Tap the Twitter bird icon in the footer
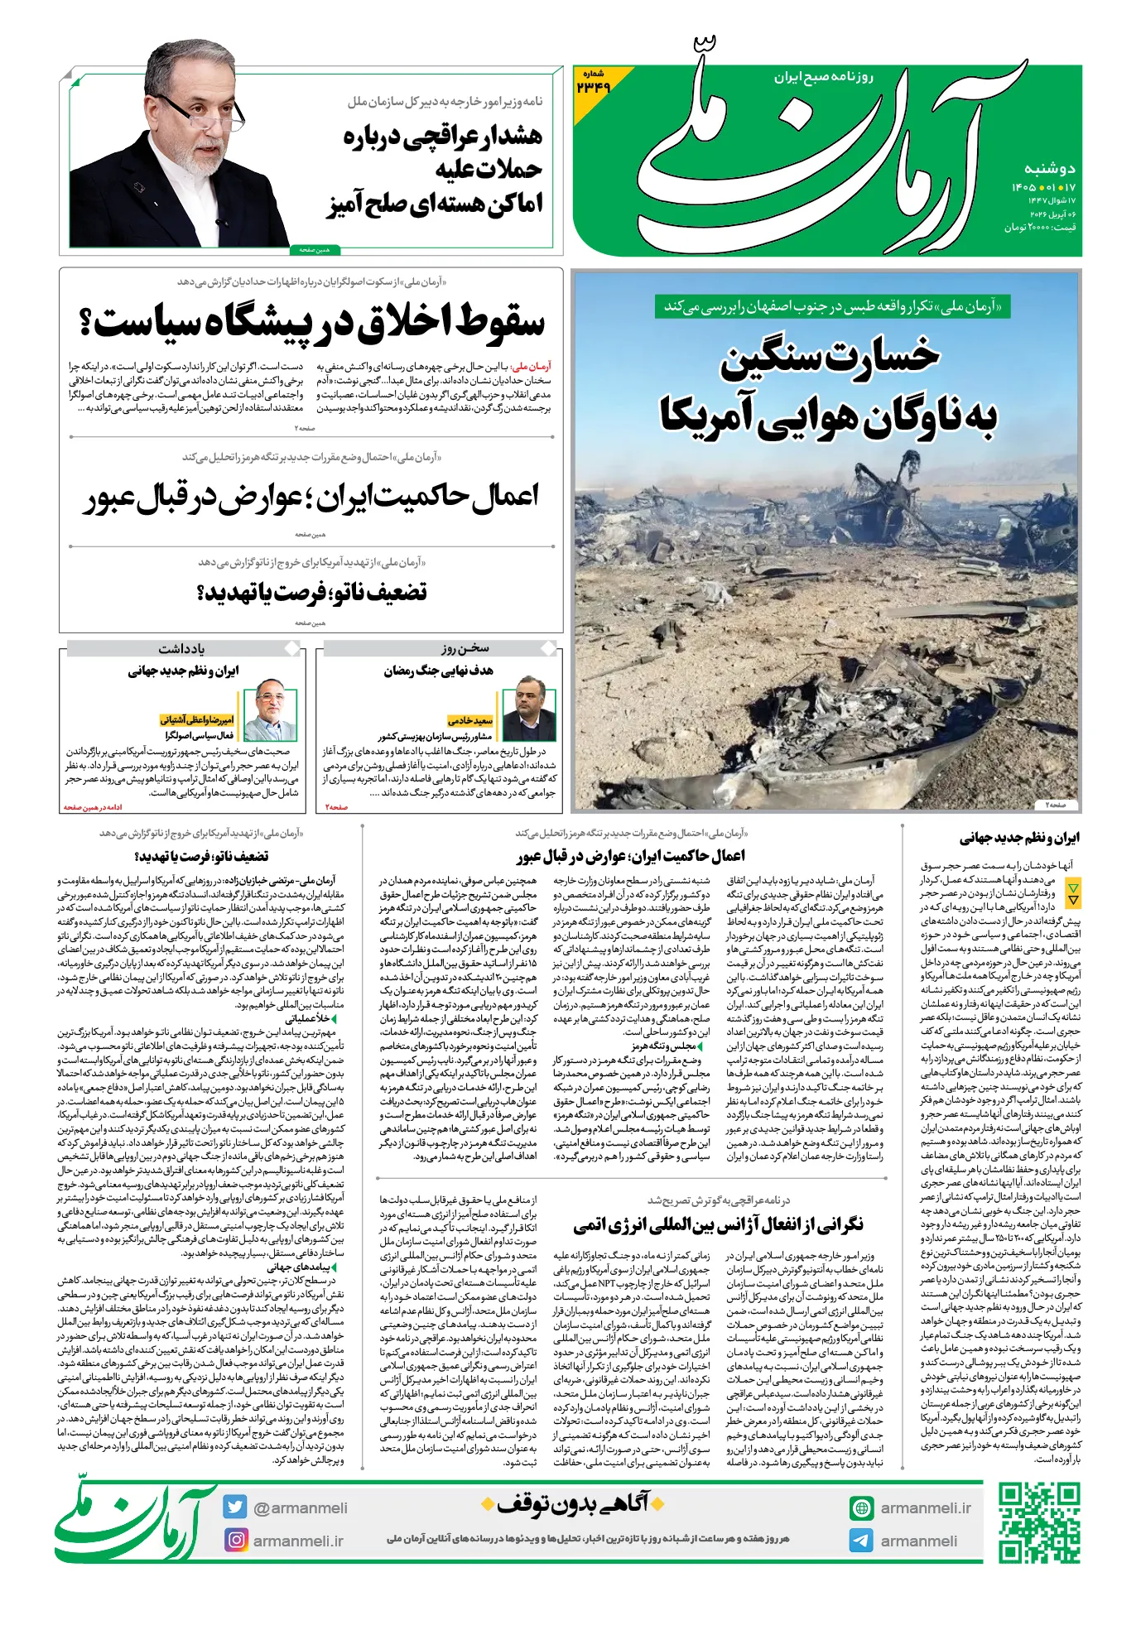(235, 1507)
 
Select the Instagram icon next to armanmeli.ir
(236, 1541)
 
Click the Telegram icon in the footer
(861, 1541)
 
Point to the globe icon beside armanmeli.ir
(861, 1508)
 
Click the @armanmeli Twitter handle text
(300, 1508)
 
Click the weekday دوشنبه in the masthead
(1049, 169)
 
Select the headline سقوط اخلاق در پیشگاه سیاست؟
(311, 322)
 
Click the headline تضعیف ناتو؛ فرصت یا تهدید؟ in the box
(311, 593)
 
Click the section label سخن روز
(465, 648)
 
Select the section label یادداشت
(181, 649)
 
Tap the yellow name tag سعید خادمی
(470, 720)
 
